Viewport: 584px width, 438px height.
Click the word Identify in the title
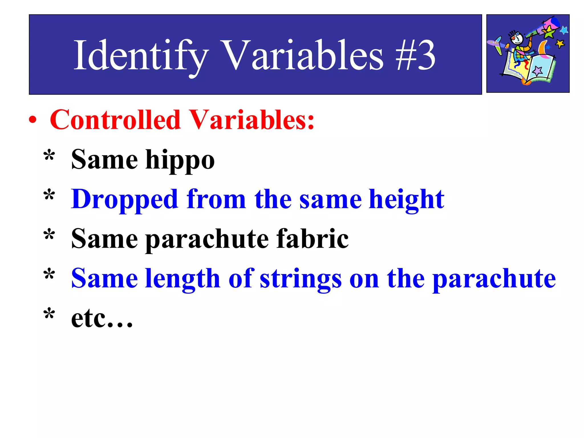click(x=141, y=56)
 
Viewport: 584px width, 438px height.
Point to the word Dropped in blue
click(x=125, y=200)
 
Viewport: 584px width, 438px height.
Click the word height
click(x=406, y=200)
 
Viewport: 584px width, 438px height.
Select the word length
click(x=182, y=279)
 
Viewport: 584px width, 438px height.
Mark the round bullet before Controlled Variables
click(x=33, y=120)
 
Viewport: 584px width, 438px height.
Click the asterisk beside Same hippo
click(x=49, y=156)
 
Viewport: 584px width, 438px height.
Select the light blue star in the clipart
click(x=564, y=30)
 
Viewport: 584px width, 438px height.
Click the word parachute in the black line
click(x=207, y=239)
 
